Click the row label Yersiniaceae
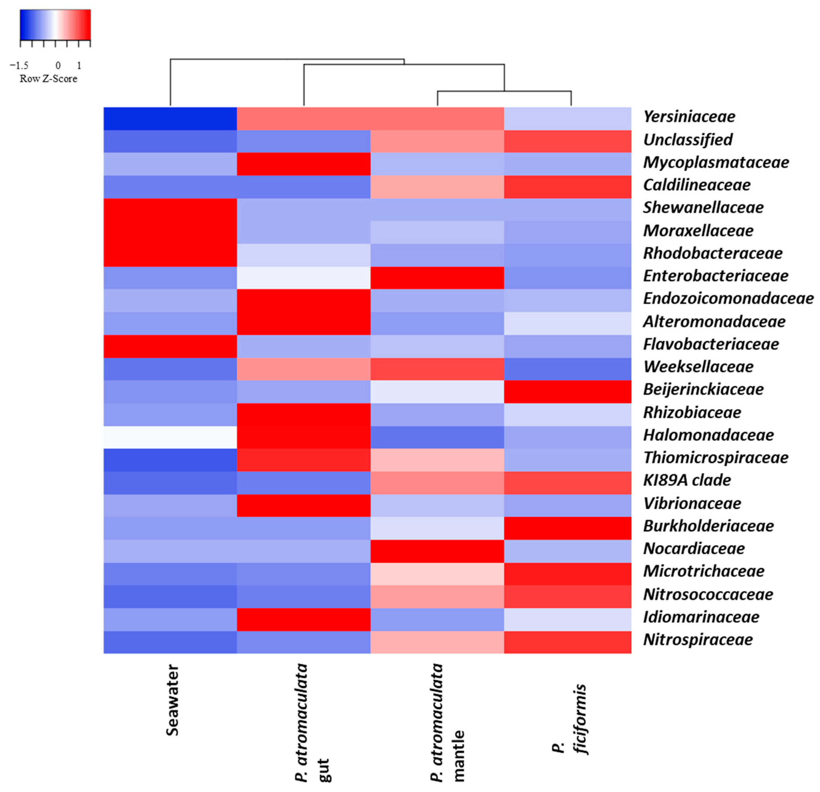(689, 117)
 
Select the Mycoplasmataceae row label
(715, 162)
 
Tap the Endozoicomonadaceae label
(728, 299)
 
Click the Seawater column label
(172, 700)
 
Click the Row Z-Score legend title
(49, 79)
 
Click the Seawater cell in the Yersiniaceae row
(170, 119)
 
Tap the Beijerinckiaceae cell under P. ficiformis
(567, 391)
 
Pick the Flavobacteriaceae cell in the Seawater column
(170, 346)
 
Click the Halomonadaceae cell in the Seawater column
(170, 437)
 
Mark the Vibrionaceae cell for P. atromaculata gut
(303, 505)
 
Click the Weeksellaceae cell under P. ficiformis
(567, 369)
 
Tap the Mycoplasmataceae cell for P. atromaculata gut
(303, 164)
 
